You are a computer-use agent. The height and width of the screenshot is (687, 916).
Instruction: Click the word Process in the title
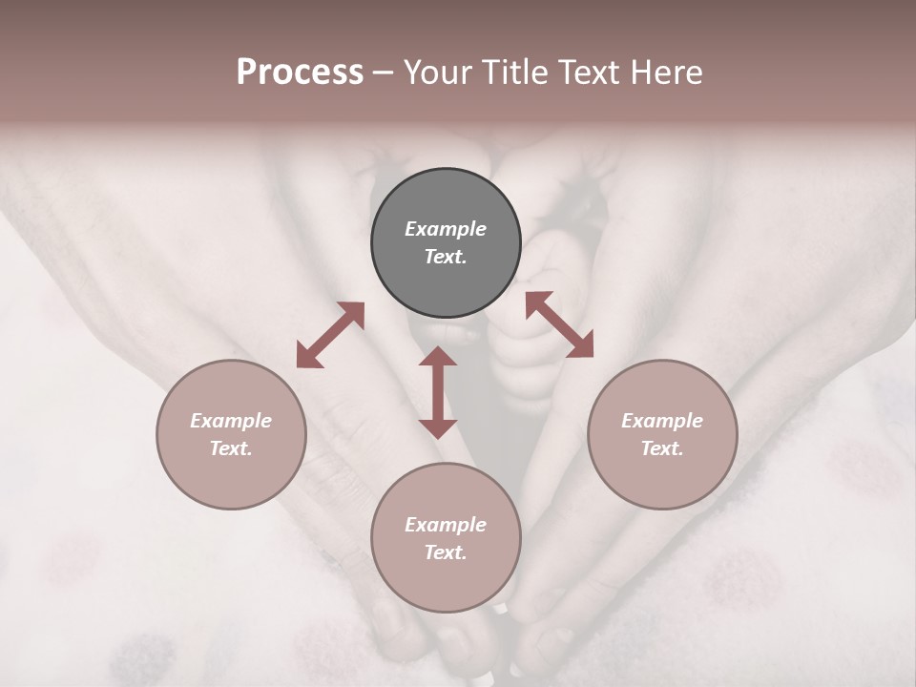[x=300, y=73]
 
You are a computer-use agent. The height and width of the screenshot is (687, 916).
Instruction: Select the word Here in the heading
[x=664, y=73]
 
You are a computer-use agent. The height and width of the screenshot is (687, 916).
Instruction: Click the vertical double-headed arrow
[x=438, y=392]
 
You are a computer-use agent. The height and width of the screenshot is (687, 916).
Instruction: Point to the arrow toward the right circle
[x=559, y=324]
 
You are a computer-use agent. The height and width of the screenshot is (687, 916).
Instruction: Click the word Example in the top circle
[x=446, y=229]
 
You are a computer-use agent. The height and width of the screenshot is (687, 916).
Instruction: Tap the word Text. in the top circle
[x=446, y=257]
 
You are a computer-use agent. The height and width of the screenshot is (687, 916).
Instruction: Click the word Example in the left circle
[x=231, y=421]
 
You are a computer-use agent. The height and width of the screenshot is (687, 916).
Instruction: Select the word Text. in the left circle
[x=231, y=448]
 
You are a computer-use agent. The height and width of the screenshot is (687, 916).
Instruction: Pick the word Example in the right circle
[x=662, y=421]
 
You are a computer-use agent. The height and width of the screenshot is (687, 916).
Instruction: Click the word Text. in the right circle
[x=662, y=448]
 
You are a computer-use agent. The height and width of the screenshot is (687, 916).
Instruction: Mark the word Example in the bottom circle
[x=446, y=525]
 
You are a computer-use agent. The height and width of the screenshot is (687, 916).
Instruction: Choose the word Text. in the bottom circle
[x=446, y=552]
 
